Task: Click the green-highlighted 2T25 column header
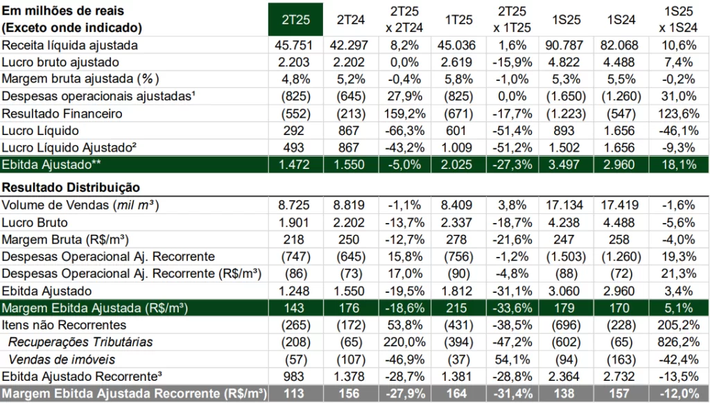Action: pyautogui.click(x=295, y=19)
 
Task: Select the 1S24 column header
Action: pyautogui.click(x=621, y=19)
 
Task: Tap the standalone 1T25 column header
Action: pyautogui.click(x=458, y=19)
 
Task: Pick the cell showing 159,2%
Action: pyautogui.click(x=405, y=114)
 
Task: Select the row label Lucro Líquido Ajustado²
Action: pyautogui.click(x=69, y=148)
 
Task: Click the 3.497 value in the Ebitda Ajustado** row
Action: pyautogui.click(x=564, y=165)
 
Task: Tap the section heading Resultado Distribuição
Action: pyautogui.click(x=71, y=187)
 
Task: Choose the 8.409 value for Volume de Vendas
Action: pyautogui.click(x=456, y=205)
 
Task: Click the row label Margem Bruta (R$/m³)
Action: pyautogui.click(x=65, y=240)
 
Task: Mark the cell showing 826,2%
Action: pyautogui.click(x=678, y=342)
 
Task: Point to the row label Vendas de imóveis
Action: pyautogui.click(x=62, y=359)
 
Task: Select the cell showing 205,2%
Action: pyautogui.click(x=678, y=325)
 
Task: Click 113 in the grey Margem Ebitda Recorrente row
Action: pyautogui.click(x=293, y=393)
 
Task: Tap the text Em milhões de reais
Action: pyautogui.click(x=63, y=10)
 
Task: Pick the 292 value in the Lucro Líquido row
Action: pyautogui.click(x=293, y=131)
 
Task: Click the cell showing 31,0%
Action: pyautogui.click(x=678, y=96)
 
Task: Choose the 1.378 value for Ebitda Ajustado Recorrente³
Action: pyautogui.click(x=349, y=376)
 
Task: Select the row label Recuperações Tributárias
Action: pyautogui.click(x=80, y=342)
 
